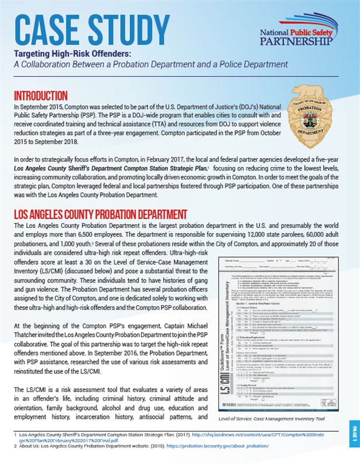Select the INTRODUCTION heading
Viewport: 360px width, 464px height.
tap(40, 95)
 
